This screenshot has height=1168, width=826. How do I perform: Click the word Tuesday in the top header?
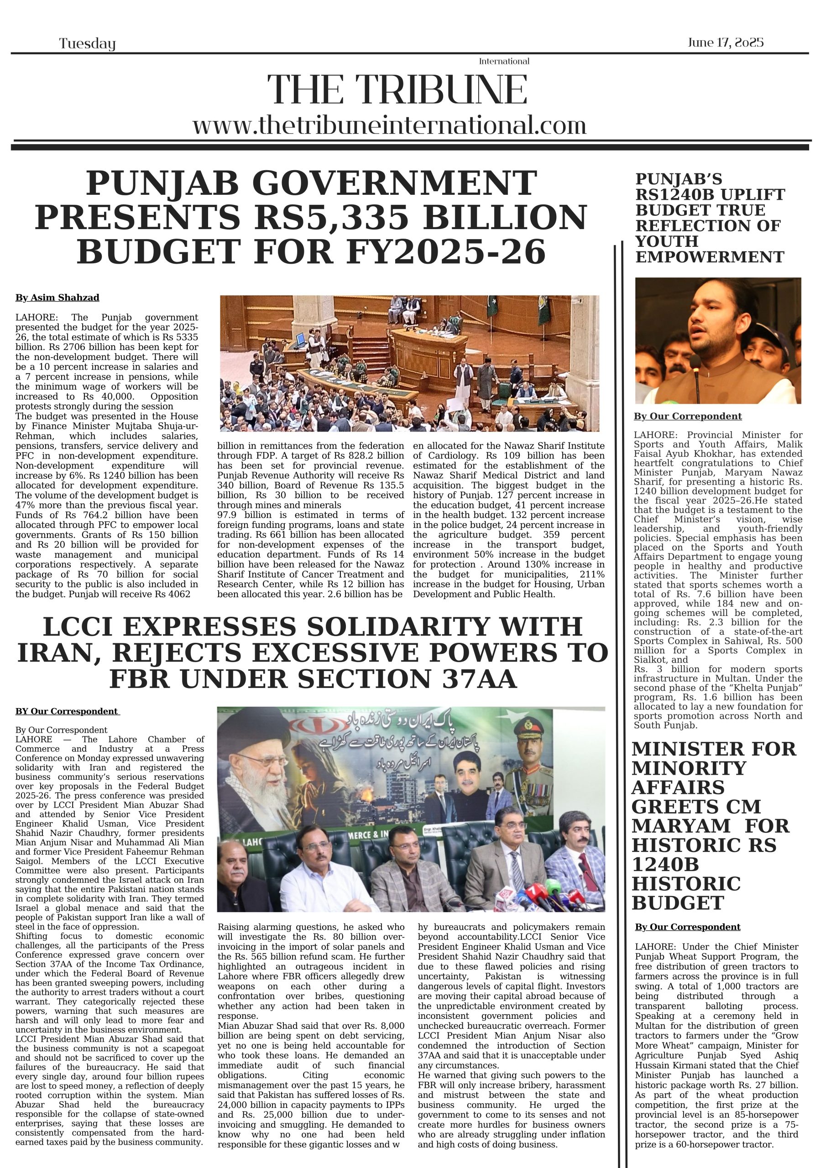87,44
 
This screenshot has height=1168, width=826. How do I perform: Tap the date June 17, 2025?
725,42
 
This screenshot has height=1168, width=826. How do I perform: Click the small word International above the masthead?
504,62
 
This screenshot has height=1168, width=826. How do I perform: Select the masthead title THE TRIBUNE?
397,90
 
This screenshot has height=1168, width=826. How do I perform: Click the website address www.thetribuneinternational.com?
389,125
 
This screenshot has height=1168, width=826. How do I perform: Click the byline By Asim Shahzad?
57,297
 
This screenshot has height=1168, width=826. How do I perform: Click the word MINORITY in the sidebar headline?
689,768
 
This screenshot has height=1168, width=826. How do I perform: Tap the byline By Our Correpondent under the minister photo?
687,416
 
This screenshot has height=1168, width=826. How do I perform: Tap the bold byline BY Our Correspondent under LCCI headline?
67,711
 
